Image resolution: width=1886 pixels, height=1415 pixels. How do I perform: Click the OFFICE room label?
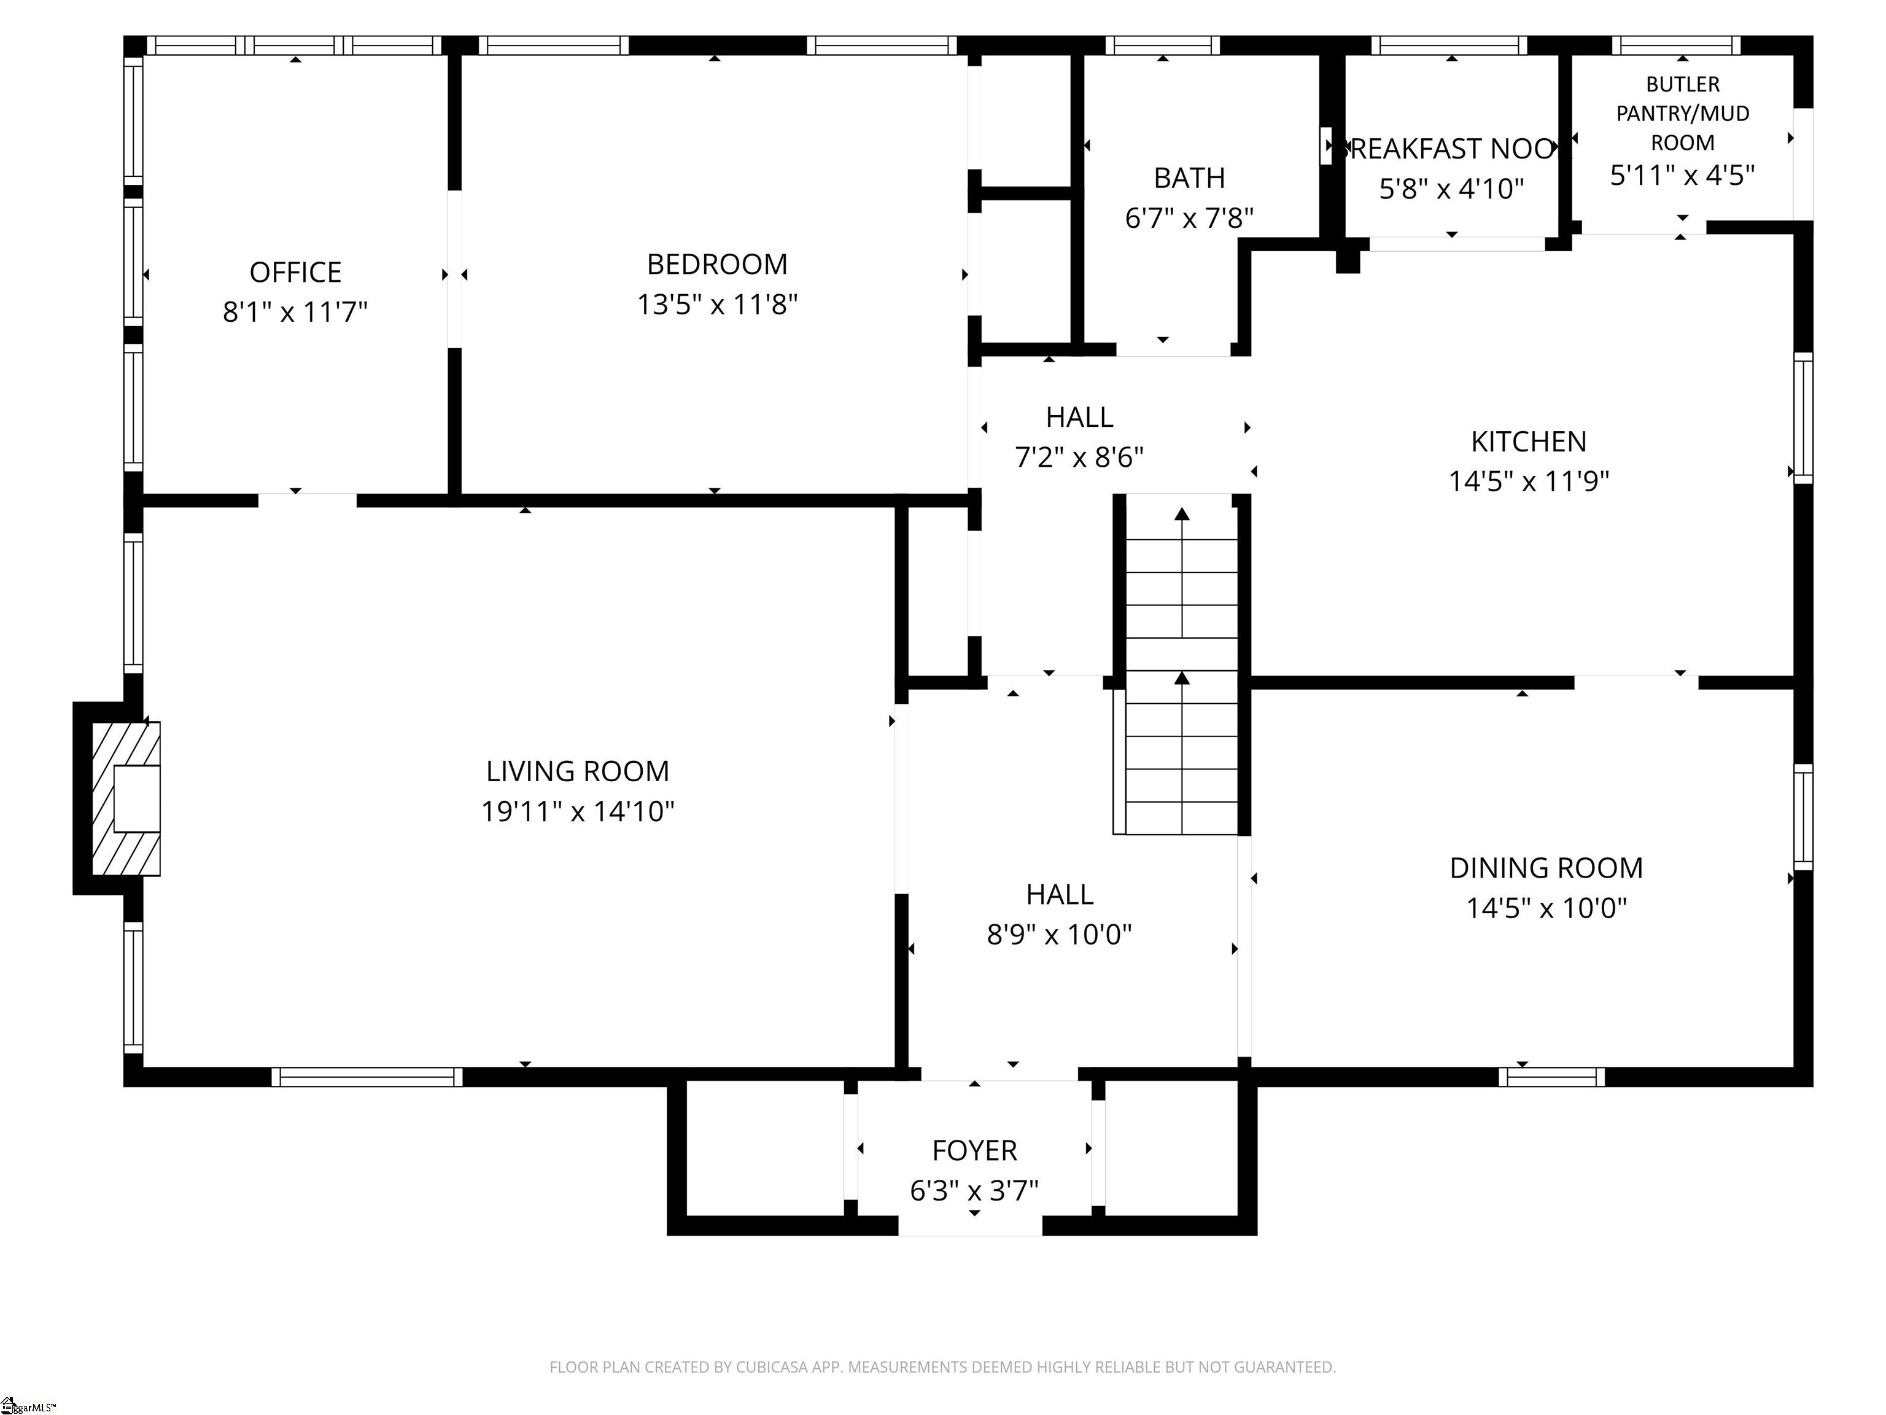295,272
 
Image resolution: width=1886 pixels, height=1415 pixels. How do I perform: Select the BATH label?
1189,178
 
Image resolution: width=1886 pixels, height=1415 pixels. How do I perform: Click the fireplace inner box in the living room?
136,798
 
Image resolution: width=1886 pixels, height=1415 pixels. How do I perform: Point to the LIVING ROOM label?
577,771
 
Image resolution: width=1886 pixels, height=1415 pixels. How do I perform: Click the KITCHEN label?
1528,442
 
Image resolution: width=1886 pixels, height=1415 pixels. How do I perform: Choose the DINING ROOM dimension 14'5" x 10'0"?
1546,908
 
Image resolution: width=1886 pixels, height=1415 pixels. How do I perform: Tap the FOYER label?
974,1150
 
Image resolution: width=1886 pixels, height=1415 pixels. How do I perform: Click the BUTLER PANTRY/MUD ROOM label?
1682,114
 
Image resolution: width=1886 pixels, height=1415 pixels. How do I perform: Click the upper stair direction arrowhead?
1182,514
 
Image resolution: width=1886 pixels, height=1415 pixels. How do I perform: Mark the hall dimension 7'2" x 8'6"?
1079,458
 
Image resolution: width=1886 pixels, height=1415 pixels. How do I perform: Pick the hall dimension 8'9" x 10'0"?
1059,935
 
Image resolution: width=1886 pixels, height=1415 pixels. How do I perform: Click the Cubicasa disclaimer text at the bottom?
942,1367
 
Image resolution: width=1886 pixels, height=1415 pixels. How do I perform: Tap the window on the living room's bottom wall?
367,1077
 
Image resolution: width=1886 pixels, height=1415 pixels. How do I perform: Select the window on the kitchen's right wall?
1803,418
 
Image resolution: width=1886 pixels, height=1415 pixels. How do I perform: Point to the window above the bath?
1162,45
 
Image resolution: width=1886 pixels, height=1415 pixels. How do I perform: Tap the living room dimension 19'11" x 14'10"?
577,811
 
